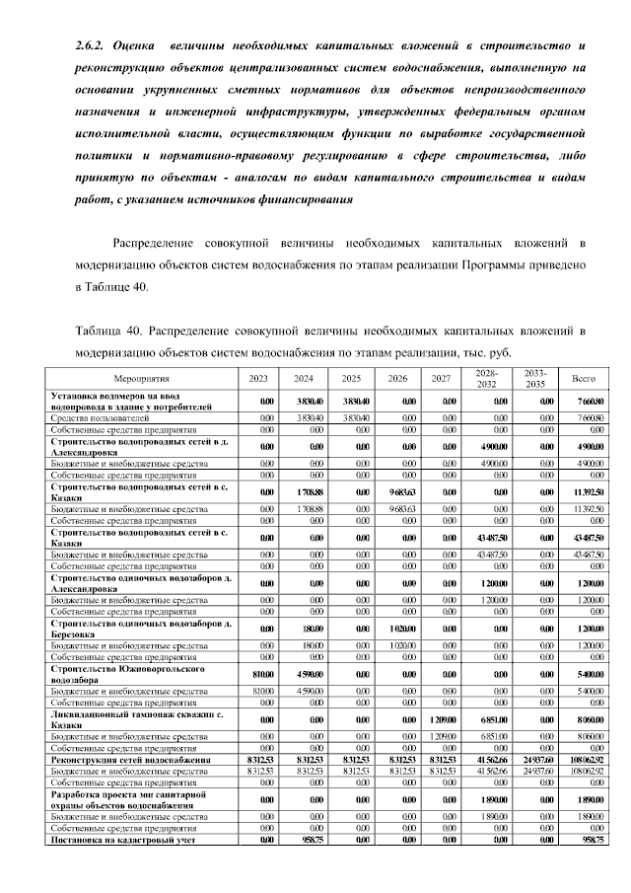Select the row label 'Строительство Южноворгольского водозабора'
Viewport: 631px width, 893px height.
(127, 674)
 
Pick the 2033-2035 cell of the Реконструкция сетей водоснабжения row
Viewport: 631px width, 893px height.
(535, 760)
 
